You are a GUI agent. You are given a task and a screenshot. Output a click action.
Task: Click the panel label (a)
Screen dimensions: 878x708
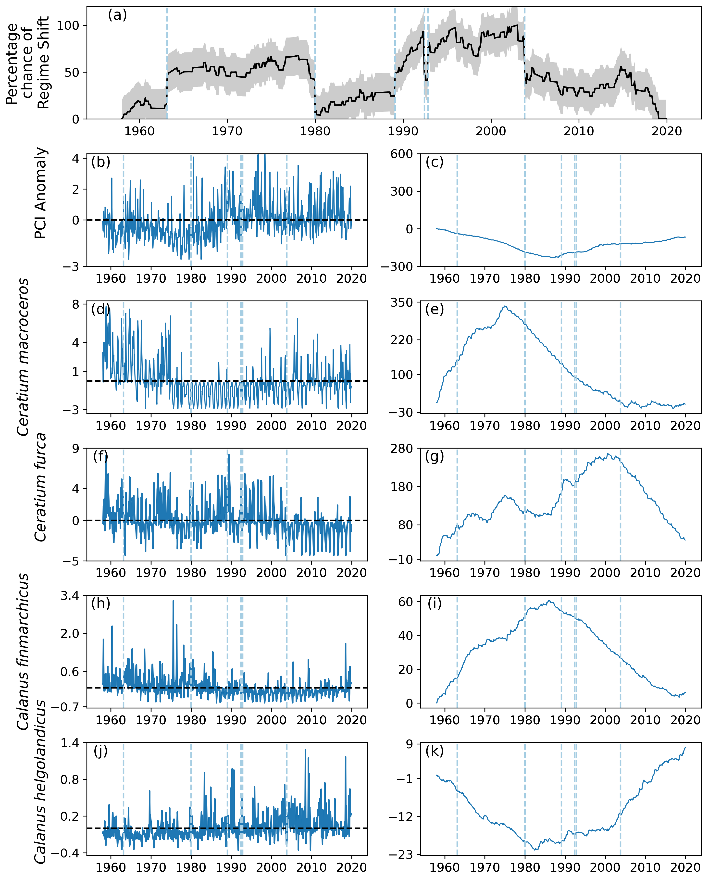117,15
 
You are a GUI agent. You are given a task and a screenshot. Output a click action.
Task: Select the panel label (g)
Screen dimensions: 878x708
434,456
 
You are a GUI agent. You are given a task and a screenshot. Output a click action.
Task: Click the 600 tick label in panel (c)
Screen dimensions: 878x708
401,154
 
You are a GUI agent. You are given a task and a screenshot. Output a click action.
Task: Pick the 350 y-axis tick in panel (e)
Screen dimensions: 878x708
401,302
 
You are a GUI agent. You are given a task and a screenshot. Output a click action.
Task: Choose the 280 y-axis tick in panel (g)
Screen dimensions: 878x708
401,449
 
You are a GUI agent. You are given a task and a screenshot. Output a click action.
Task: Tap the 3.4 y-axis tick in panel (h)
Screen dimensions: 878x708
70,596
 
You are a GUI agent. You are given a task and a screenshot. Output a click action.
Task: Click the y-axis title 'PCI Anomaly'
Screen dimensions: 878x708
40,193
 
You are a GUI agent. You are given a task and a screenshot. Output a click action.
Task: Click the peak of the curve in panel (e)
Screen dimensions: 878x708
505,306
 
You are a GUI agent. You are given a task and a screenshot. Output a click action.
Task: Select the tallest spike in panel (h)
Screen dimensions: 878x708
173,601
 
